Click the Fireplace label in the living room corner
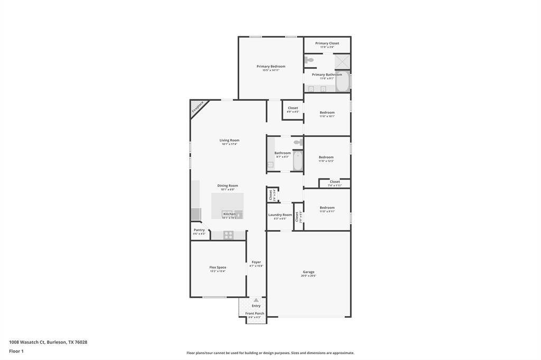[x=198, y=108]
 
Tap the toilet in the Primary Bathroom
[x=310, y=60]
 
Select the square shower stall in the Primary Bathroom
[x=342, y=61]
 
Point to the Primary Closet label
[x=327, y=43]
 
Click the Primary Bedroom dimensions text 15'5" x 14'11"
[x=270, y=70]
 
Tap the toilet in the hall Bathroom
[x=298, y=142]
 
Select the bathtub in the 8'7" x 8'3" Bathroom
[x=297, y=161]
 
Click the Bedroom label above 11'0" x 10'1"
[x=327, y=112]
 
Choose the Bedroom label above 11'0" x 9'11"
[x=327, y=207]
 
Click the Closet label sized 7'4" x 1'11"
[x=334, y=182]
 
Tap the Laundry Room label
[x=280, y=215]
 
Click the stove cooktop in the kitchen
[x=228, y=235]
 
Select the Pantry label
[x=199, y=230]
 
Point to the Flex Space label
[x=218, y=267]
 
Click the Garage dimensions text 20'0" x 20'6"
[x=309, y=276]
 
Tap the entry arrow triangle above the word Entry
[x=256, y=300]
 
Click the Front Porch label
[x=255, y=313]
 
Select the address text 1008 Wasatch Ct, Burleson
[x=48, y=342]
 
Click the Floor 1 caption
[x=16, y=351]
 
